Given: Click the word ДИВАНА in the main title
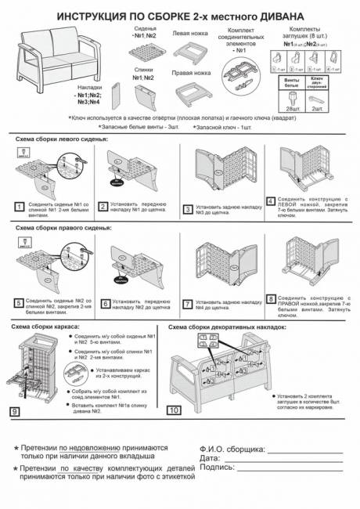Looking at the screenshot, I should [x=302, y=14].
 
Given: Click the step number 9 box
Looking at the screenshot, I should [x=15, y=410].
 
